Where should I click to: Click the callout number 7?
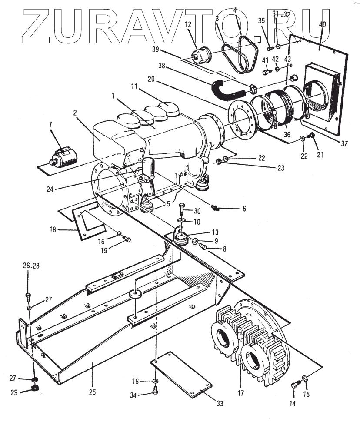(51, 125)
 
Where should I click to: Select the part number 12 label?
(188, 25)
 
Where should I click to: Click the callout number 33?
(220, 403)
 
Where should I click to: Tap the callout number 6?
(244, 209)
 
